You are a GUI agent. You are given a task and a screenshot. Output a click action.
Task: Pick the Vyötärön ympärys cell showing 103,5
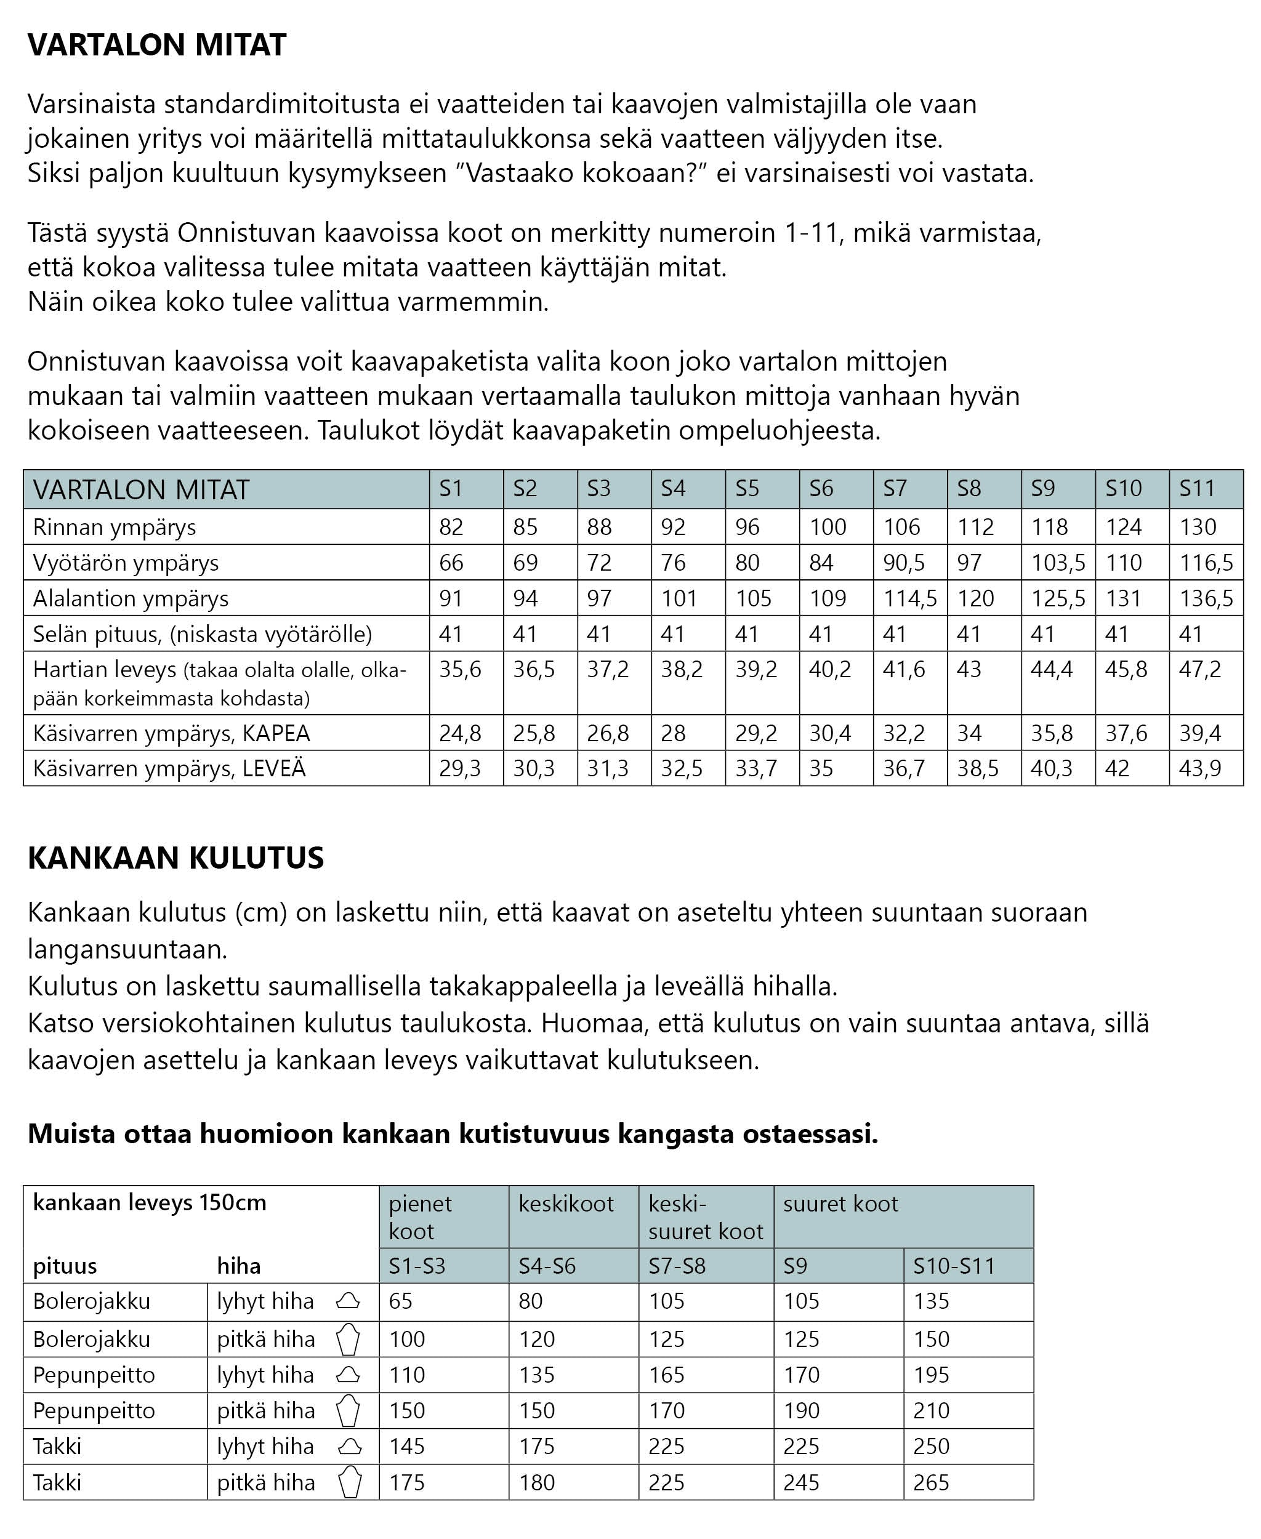(x=1058, y=562)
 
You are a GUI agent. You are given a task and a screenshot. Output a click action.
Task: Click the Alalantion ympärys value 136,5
(x=1206, y=598)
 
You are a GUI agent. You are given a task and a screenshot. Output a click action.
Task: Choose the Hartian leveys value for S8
(x=969, y=669)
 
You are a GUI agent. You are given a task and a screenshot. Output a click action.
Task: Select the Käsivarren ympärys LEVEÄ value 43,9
(x=1200, y=768)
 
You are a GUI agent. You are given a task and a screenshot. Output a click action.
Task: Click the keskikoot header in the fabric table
(x=566, y=1204)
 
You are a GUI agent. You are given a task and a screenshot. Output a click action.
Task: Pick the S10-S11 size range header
(x=954, y=1266)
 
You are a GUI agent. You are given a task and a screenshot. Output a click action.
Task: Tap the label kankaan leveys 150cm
(x=150, y=1203)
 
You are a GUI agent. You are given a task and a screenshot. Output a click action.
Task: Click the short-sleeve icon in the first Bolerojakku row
(x=348, y=1301)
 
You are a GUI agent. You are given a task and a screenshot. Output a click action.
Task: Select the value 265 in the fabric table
(x=931, y=1482)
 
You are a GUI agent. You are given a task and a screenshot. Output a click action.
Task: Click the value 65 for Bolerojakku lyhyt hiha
(x=400, y=1301)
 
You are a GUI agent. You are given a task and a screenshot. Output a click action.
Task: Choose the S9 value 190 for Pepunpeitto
(x=801, y=1410)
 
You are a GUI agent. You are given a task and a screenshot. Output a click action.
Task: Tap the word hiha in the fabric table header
(x=238, y=1266)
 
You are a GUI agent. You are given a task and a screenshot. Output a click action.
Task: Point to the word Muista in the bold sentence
(x=71, y=1134)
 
